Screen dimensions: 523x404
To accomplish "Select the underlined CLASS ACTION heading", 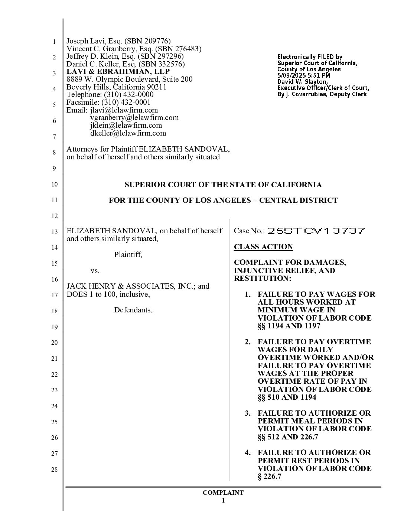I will click(x=263, y=247).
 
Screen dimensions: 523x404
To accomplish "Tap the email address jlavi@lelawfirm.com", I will click(x=124, y=110).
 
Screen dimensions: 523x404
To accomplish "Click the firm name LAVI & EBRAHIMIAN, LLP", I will click(x=118, y=71).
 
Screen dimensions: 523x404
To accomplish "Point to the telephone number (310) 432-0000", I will click(x=128, y=94).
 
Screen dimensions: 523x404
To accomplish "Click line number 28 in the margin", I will click(x=54, y=470).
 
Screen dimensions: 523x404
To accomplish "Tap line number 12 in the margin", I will click(x=54, y=216).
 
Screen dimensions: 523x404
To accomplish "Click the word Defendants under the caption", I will click(x=133, y=310).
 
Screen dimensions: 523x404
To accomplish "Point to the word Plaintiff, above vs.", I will click(x=128, y=254).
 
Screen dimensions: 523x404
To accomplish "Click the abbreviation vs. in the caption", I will click(x=95, y=270).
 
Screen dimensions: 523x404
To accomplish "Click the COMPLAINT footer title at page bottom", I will click(x=223, y=493).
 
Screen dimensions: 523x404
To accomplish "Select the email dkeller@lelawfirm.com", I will click(x=128, y=133).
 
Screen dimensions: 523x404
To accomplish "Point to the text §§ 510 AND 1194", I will click(x=287, y=397).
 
